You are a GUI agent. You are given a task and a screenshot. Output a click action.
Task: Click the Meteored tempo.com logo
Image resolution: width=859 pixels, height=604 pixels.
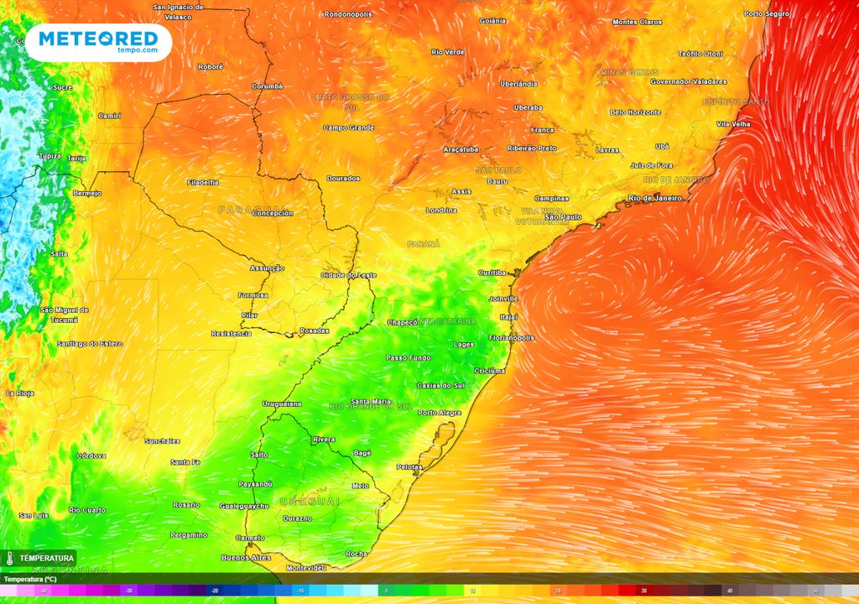98,41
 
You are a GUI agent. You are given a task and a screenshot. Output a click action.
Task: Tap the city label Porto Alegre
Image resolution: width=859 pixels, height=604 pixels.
439,413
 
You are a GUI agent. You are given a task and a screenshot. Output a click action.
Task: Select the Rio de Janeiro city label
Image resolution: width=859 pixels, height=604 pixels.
655,198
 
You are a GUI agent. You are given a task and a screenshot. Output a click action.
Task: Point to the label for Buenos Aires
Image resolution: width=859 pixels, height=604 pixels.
246,557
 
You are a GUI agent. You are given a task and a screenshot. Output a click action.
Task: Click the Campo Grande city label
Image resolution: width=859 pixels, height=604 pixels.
349,128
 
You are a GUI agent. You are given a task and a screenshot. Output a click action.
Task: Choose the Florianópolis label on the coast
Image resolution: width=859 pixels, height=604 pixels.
511,337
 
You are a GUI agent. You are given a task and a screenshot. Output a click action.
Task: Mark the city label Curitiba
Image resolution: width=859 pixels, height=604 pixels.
492,273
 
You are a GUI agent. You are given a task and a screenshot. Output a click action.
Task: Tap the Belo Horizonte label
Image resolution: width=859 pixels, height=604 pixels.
635,112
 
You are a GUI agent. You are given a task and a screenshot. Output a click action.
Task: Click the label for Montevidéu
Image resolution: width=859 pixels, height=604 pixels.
305,568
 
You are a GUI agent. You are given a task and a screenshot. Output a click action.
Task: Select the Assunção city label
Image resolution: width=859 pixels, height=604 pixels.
267,268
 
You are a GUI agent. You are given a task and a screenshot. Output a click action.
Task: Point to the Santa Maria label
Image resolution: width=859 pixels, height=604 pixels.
370,401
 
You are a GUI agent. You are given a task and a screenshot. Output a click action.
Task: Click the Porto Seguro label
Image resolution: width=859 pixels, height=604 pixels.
766,13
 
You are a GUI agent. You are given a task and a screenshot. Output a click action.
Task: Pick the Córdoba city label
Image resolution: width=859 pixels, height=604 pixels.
91,456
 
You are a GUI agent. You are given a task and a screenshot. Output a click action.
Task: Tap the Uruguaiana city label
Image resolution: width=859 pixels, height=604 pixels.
282,404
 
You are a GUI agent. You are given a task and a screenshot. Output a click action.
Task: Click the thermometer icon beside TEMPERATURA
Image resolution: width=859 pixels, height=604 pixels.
8,558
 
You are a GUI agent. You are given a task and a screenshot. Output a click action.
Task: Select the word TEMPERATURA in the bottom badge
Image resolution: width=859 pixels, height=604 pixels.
46,558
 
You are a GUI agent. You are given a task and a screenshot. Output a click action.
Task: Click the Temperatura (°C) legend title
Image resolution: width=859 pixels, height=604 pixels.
29,579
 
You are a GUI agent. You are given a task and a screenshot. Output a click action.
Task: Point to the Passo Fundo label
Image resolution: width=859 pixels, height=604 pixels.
408,357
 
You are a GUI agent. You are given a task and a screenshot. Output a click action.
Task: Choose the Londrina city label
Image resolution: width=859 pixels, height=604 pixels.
441,210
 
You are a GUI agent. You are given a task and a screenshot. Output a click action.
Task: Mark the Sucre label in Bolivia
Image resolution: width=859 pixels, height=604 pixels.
62,87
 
